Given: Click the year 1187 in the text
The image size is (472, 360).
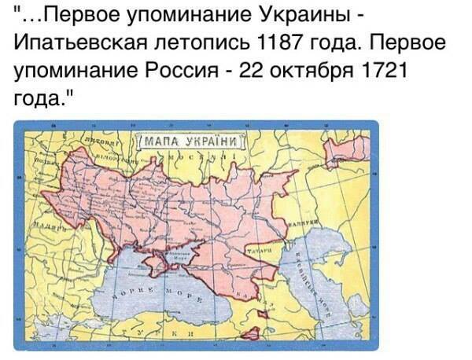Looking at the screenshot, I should (x=299, y=40).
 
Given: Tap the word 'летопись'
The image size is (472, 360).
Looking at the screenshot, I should (x=210, y=40).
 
